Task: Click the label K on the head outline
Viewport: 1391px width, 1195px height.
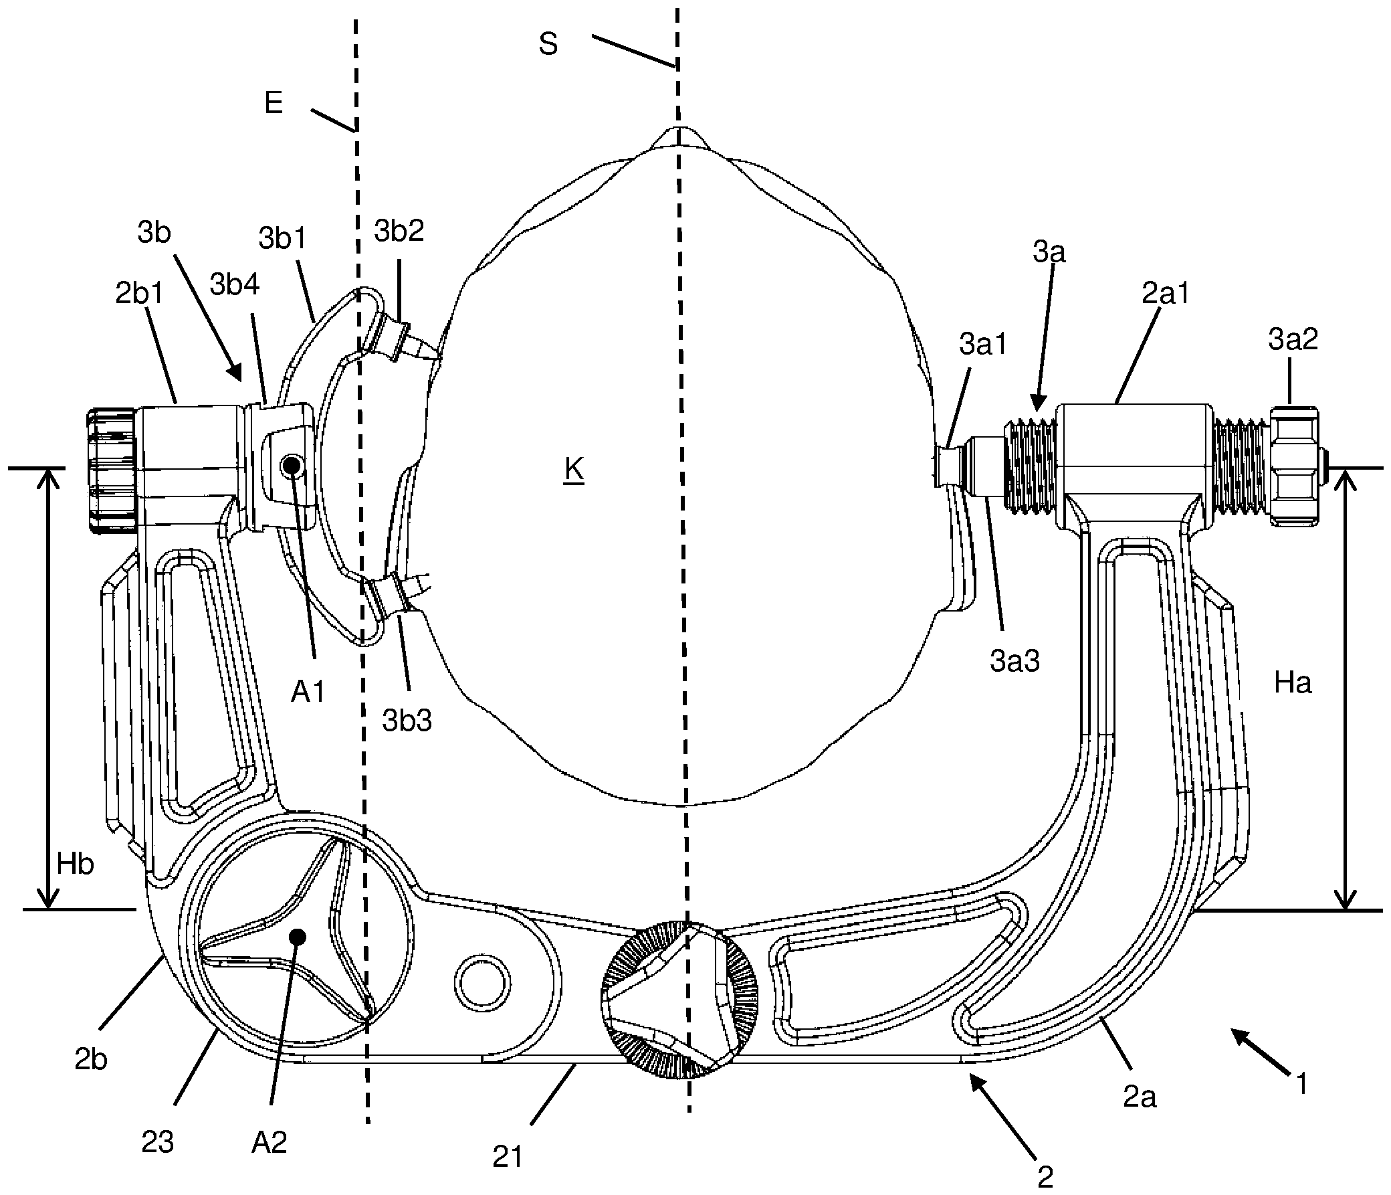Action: tap(573, 471)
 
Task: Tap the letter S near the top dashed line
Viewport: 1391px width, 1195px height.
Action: tap(548, 44)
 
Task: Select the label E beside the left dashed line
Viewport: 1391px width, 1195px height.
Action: tap(274, 104)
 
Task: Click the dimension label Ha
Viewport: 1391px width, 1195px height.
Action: tap(1292, 683)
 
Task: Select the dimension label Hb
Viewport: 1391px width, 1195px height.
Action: tap(74, 864)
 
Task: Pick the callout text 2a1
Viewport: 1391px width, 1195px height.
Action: tap(1165, 293)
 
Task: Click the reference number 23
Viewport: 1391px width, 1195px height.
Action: tap(158, 1141)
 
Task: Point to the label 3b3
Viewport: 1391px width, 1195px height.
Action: tap(407, 721)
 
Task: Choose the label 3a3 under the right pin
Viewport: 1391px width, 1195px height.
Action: tap(1014, 661)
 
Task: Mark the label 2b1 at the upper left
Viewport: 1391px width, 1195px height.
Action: tap(139, 294)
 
